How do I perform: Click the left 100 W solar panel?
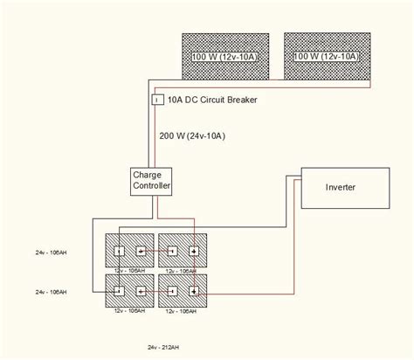tap(227, 58)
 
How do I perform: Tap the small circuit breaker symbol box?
tap(157, 100)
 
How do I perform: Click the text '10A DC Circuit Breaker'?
tap(212, 100)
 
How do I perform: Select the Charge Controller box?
tap(151, 181)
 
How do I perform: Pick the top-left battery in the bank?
tap(130, 252)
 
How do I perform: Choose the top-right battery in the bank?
tap(183, 252)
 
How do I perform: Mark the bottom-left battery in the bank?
tap(130, 290)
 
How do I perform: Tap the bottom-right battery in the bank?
tap(183, 290)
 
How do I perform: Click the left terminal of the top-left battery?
tap(117, 252)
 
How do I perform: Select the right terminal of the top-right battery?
tap(194, 252)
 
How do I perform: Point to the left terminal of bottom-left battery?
tap(117, 290)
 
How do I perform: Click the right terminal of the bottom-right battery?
tap(194, 290)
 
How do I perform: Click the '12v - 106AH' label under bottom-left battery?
tap(130, 311)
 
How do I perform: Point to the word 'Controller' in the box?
tap(151, 187)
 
